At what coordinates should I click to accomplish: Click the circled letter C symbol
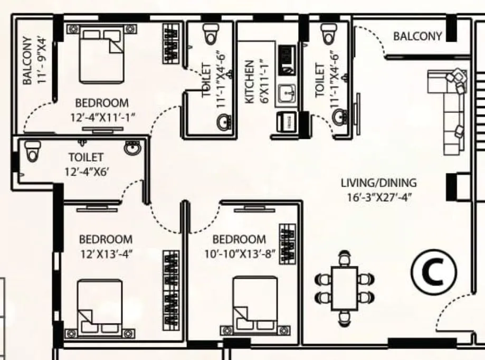click(434, 272)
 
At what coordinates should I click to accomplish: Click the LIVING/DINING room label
click(378, 184)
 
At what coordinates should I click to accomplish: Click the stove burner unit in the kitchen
click(287, 59)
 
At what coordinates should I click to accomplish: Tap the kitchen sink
click(286, 94)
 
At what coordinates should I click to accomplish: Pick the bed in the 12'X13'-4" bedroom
click(100, 306)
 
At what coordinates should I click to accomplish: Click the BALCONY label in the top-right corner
click(417, 36)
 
